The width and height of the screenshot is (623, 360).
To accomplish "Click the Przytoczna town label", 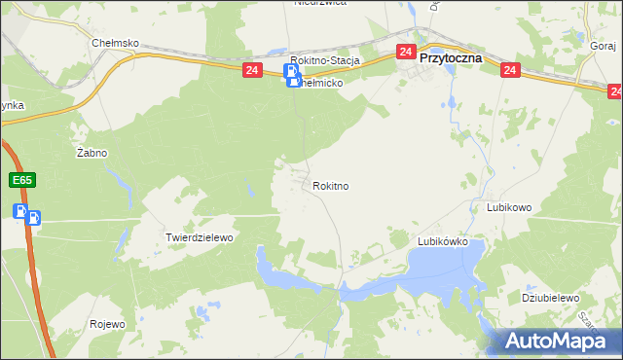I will click(452, 58).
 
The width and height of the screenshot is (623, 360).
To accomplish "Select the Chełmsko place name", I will click(116, 44).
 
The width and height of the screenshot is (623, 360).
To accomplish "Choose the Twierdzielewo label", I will click(201, 237).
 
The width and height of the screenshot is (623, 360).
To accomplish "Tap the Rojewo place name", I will click(107, 324).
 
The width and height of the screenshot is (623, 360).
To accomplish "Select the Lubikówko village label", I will click(443, 241).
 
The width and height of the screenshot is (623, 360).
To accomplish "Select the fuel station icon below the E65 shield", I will click(26, 214).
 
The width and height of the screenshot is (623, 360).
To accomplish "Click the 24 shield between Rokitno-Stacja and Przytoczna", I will click(406, 51).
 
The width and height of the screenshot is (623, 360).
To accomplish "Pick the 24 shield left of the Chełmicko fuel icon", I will click(252, 70).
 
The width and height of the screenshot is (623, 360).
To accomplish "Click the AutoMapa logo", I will click(561, 341).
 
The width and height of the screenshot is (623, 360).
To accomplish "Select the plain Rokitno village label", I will click(331, 185).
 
